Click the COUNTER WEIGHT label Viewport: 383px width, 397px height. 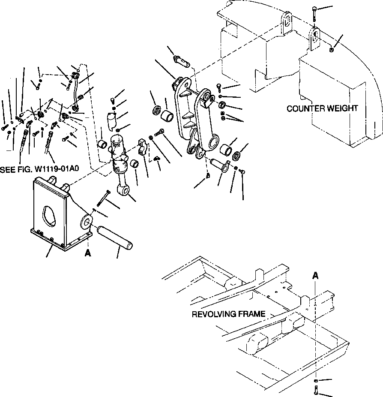click(322, 108)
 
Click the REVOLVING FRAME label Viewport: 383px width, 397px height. click(228, 314)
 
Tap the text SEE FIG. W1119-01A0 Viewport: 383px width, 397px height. click(39, 169)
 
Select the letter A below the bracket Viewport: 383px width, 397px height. click(88, 253)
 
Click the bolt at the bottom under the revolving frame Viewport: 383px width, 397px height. click(315, 391)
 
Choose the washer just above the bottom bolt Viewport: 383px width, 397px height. click(315, 381)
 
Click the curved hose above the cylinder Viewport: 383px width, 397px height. click(77, 92)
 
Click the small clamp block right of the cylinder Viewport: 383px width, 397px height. click(143, 146)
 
